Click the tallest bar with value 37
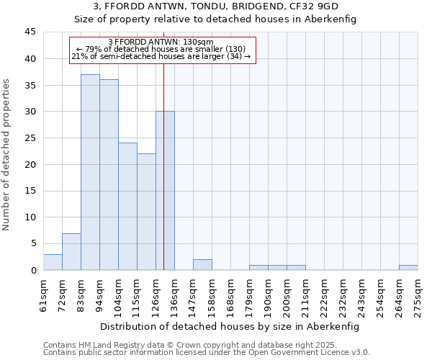click(90, 172)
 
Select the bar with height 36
click(109, 175)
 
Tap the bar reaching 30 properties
click(165, 191)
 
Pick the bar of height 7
click(71, 252)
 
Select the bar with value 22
click(146, 212)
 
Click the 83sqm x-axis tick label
click(81, 293)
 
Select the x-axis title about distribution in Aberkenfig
click(229, 326)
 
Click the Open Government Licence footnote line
click(207, 352)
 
